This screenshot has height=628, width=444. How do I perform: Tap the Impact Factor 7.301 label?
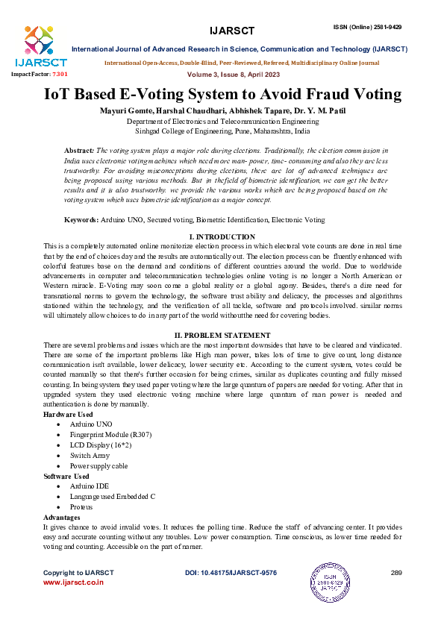[x=39, y=75]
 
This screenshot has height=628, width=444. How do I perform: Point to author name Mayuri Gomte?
[x=128, y=110]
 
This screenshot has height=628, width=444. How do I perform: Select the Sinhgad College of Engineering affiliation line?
[x=222, y=129]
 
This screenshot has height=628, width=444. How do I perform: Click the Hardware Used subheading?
[x=68, y=413]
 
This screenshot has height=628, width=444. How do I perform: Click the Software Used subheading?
[x=66, y=476]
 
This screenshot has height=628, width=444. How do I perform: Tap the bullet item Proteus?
[x=82, y=506]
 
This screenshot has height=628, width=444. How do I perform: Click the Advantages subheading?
[x=62, y=517]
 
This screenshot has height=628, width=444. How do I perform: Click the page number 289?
[x=396, y=573]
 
